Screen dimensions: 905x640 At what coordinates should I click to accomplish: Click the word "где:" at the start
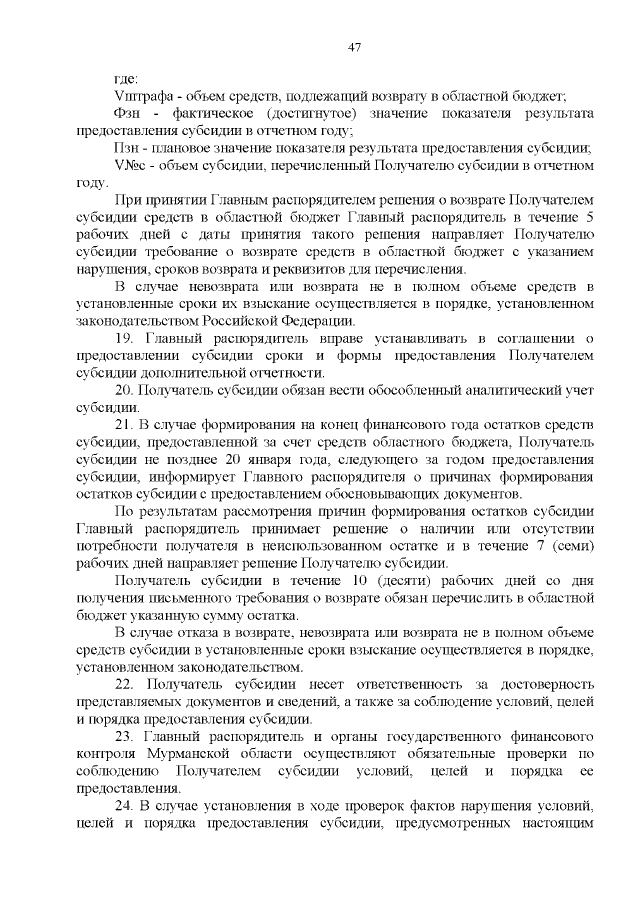coord(127,79)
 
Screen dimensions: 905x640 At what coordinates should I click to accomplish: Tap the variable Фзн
coord(129,114)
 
